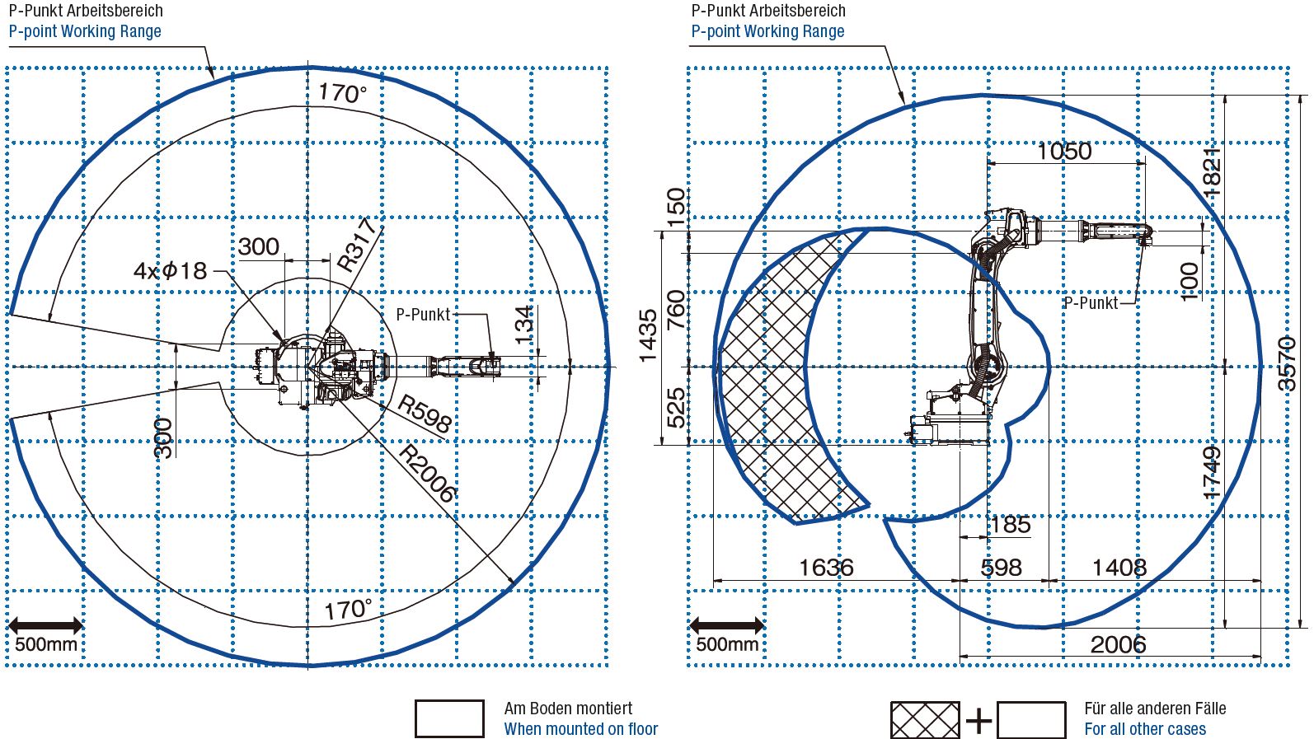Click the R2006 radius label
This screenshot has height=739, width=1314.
pyautogui.click(x=427, y=474)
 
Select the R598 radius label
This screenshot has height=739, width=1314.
pyautogui.click(x=425, y=414)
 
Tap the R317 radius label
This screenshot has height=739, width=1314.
pyautogui.click(x=357, y=245)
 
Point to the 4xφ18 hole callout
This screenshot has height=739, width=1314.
pyautogui.click(x=170, y=271)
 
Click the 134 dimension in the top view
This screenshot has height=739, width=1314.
pyautogui.click(x=523, y=326)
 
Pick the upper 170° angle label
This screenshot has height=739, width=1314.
pyautogui.click(x=343, y=93)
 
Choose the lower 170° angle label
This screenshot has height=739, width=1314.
pyautogui.click(x=348, y=610)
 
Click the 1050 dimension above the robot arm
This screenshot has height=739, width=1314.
pyautogui.click(x=1065, y=152)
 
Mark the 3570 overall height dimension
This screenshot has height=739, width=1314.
pyautogui.click(x=1287, y=364)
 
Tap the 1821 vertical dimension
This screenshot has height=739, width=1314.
pyautogui.click(x=1211, y=171)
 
